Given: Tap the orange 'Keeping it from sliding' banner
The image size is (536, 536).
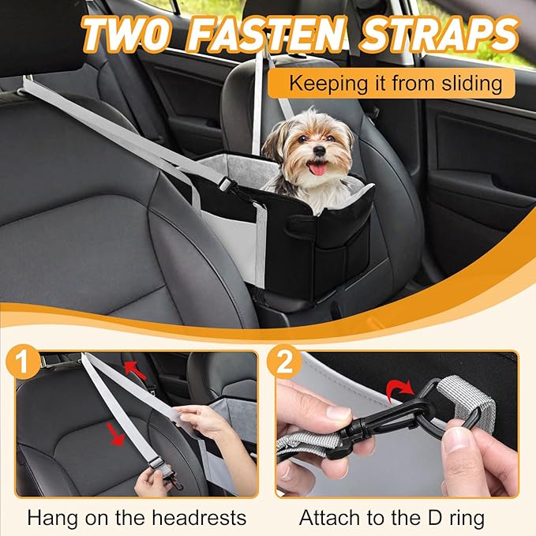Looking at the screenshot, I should (x=390, y=82).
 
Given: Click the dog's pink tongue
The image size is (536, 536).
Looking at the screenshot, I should (x=317, y=167).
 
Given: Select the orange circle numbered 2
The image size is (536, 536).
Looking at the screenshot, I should (x=287, y=364).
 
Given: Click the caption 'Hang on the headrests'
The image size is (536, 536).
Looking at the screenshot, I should (x=137, y=518).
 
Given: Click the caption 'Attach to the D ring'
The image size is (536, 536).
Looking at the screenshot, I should (x=392, y=518).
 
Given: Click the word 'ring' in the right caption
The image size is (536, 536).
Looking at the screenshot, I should (x=466, y=518).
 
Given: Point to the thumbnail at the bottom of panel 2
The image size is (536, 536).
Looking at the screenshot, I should (x=458, y=466).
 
